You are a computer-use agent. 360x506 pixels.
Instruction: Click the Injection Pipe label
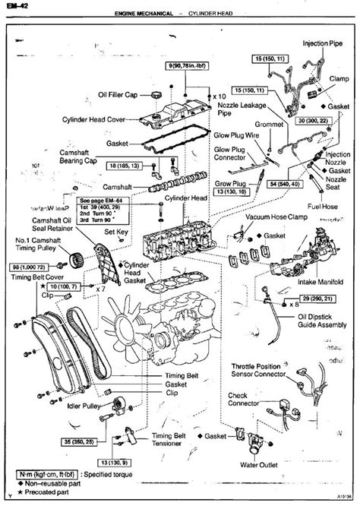326,44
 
